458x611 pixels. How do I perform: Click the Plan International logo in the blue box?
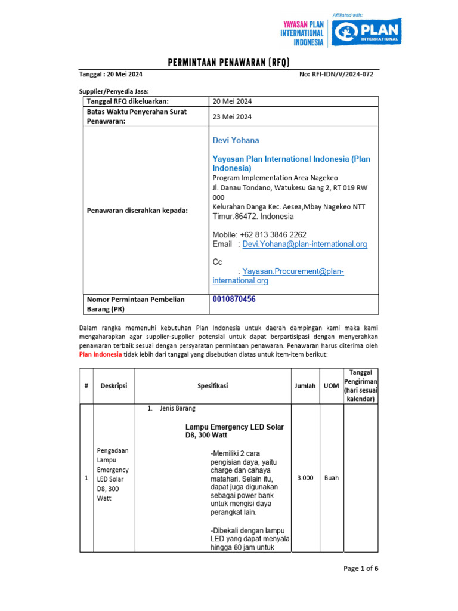click(366, 31)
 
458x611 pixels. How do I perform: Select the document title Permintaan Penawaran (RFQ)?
click(229, 63)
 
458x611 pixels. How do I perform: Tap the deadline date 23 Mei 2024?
click(232, 116)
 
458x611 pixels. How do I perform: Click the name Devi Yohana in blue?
click(236, 140)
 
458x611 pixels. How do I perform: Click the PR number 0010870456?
click(234, 299)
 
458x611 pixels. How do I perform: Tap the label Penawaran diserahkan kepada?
click(137, 211)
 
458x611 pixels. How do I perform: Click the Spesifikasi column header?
click(213, 386)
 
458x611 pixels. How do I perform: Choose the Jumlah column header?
click(305, 386)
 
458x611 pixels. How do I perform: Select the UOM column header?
click(331, 386)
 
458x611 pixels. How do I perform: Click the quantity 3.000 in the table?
click(305, 478)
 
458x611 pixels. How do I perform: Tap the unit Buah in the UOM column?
click(332, 478)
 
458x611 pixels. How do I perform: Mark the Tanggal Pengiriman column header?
click(361, 385)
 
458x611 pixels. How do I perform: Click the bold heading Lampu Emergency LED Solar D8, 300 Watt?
click(234, 431)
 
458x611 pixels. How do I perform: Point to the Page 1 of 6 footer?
click(361, 568)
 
